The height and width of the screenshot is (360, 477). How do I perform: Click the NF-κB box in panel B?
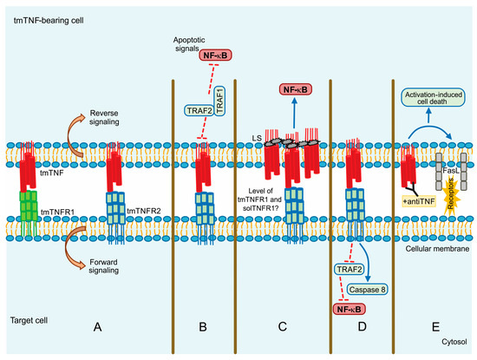click(x=216, y=56)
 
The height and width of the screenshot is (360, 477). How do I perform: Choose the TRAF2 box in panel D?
click(x=348, y=270)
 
